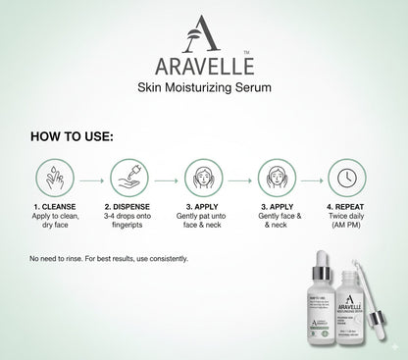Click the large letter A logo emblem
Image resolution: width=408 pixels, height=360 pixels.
203,36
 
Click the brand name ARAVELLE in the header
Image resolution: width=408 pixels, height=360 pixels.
203,70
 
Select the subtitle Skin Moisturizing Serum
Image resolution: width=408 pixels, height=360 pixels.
203,91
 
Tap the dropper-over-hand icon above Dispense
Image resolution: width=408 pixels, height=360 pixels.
125,180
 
